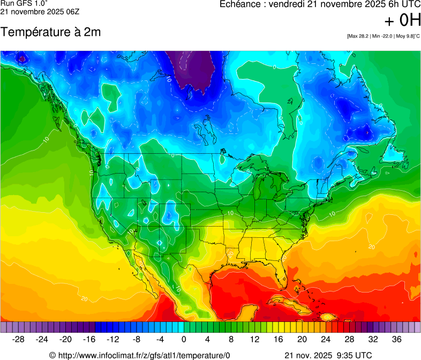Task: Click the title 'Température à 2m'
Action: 51,32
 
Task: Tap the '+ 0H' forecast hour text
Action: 402,21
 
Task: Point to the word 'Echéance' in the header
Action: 240,4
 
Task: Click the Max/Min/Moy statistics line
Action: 383,36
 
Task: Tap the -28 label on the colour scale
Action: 19,339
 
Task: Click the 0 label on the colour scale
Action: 184,339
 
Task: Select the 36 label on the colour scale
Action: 396,339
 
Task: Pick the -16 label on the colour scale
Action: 89,339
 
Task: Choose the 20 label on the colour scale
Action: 302,339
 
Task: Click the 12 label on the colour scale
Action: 255,339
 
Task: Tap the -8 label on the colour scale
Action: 137,339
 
